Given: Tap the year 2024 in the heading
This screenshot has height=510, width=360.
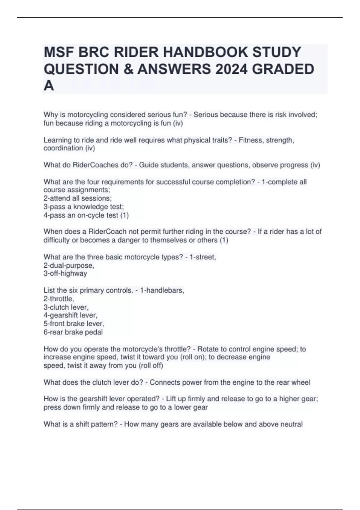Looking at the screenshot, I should click(231, 69).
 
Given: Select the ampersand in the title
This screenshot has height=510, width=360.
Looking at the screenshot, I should click(128, 69).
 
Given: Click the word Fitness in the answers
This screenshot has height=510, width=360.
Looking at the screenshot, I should click(250, 140).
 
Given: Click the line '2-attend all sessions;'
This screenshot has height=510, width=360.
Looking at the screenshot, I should click(78, 198).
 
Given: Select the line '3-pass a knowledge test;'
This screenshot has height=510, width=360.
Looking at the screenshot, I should click(84, 207).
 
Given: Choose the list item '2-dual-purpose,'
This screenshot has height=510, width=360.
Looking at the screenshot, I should click(69, 265).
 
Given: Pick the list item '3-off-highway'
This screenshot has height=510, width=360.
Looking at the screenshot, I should click(65, 274).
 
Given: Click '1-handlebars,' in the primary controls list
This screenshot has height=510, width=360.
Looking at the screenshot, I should click(162, 290).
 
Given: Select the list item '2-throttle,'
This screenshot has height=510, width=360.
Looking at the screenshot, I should click(59, 299).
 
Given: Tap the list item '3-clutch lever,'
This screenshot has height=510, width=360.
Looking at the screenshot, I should click(66, 307).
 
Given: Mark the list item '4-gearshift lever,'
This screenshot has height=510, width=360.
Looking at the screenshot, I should click(71, 315).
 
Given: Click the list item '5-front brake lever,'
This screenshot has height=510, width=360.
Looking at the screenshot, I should click(74, 324).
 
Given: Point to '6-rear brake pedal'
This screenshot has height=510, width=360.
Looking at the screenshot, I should click(73, 332).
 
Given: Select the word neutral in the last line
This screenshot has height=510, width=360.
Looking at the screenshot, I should click(291, 424).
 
